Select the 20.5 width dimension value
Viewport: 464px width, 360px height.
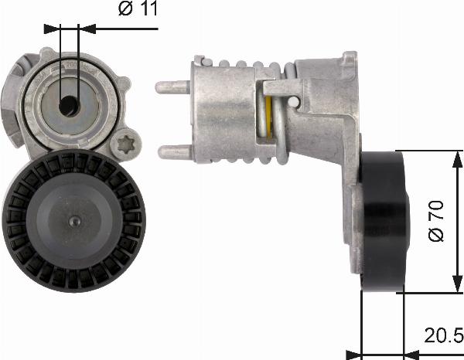[442, 335]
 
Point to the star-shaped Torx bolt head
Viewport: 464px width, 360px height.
[125, 144]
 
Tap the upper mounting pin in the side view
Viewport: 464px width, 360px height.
[172, 87]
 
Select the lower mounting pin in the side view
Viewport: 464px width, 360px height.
[172, 152]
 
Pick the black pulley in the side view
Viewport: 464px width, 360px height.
[384, 219]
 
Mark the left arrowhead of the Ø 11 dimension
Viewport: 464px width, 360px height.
[53, 29]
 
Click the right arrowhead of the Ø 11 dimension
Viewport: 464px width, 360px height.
[87, 29]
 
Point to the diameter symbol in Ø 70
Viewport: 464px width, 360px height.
[438, 235]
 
